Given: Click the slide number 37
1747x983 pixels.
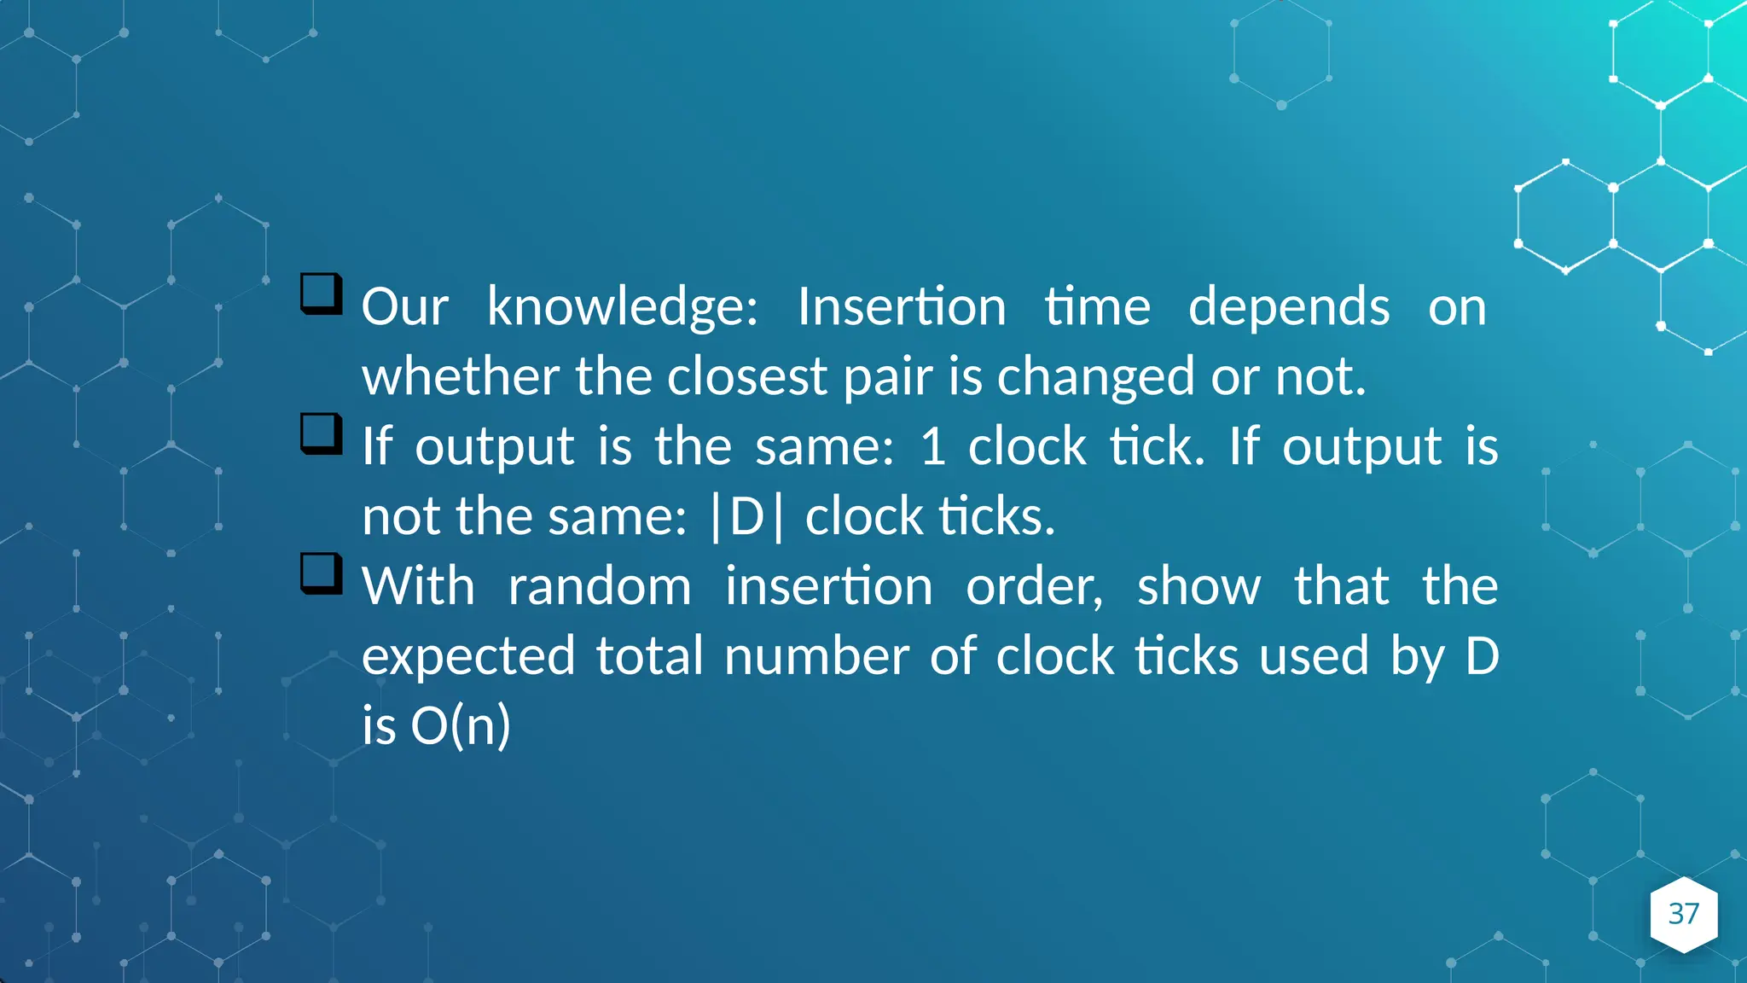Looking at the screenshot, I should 1683,914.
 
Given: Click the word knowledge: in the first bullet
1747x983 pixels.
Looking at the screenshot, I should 622,307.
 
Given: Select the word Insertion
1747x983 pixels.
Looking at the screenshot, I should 902,306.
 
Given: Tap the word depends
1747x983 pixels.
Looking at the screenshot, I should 1289,307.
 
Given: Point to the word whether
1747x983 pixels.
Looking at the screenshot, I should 461,376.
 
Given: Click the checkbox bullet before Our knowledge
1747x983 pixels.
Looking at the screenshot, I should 322,294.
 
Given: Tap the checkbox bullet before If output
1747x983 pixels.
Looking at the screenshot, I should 322,433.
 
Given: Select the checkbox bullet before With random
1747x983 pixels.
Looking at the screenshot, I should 322,573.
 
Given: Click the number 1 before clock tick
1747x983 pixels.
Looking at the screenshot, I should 933,446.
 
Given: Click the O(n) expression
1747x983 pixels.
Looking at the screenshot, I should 461,726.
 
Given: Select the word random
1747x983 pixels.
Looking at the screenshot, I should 600,587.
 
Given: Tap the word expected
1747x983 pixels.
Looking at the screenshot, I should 468,657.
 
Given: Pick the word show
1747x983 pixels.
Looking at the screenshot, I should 1199,587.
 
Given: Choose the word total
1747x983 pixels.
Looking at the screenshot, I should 649,657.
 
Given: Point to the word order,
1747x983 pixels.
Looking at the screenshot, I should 1034,587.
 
